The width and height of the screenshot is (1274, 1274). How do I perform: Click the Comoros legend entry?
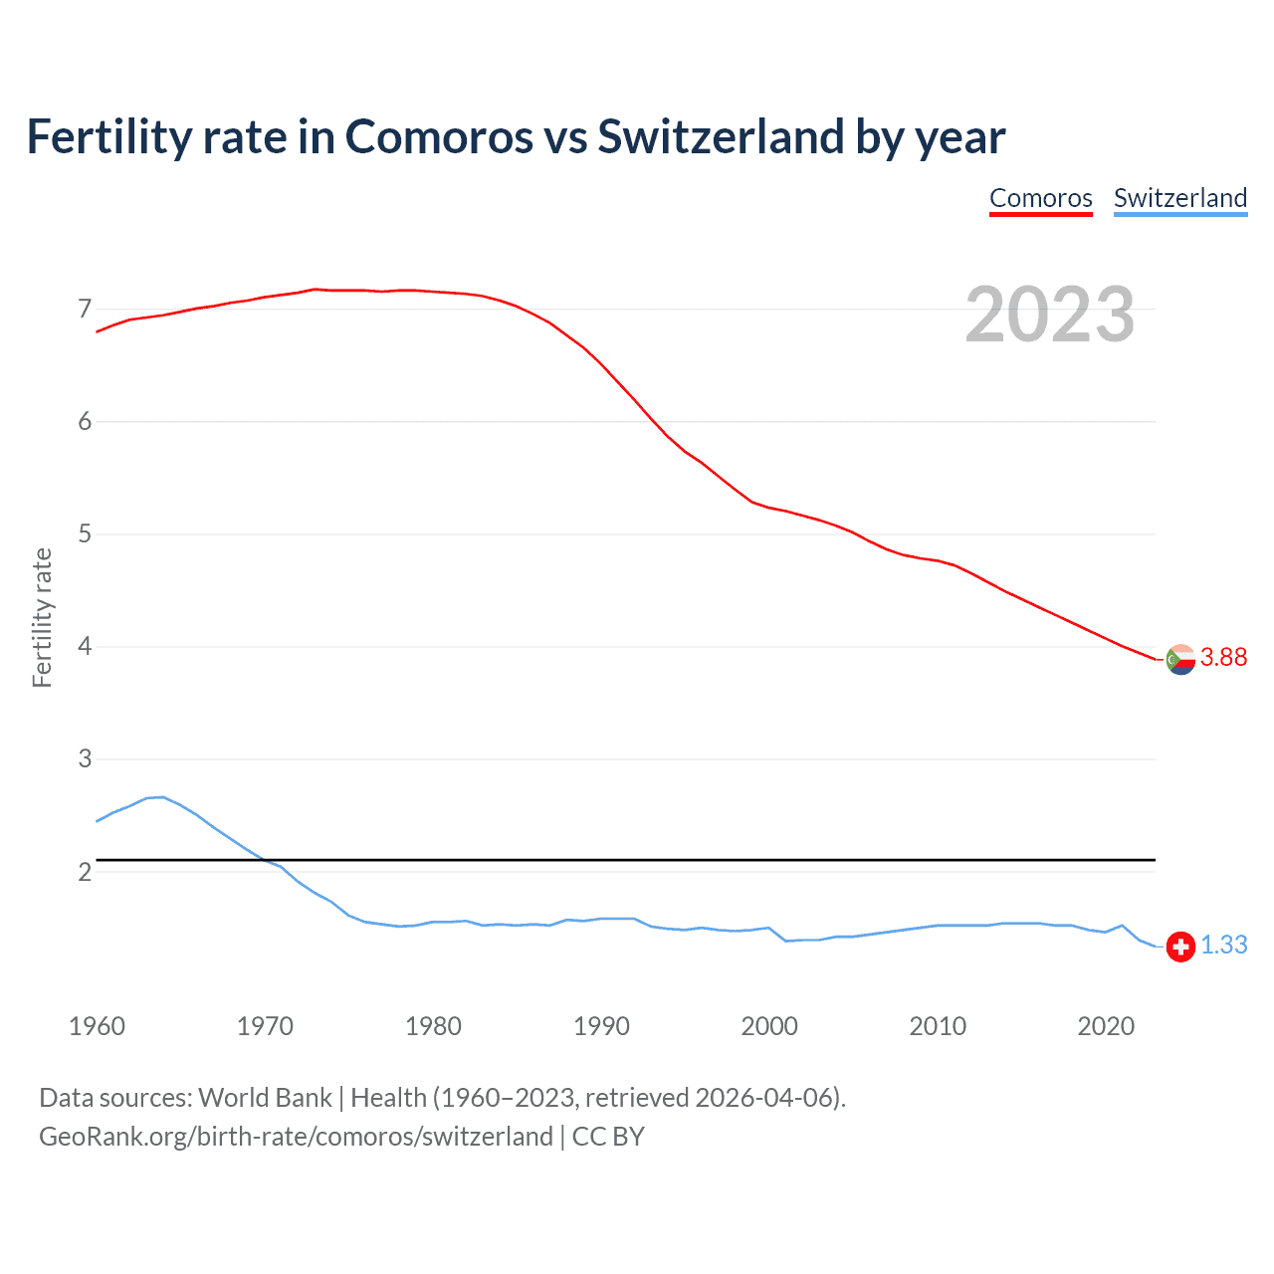[x=1040, y=198]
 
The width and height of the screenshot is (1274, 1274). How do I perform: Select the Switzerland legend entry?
[x=1179, y=198]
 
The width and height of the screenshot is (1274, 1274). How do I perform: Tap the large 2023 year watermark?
[x=1049, y=315]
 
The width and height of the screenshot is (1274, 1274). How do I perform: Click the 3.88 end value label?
[x=1223, y=657]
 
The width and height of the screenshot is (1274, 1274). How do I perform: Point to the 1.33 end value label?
[x=1223, y=945]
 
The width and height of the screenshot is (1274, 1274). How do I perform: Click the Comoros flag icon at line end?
[x=1180, y=659]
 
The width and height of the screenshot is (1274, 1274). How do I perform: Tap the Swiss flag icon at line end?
[x=1180, y=946]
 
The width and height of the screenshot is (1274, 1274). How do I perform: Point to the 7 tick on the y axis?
[x=85, y=309]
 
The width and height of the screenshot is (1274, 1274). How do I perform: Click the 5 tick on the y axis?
[x=85, y=533]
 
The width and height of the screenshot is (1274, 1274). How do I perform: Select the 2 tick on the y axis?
[x=85, y=872]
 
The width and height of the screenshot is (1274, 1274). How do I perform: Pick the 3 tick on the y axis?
[x=85, y=758]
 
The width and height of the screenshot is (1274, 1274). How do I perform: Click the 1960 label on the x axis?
[x=97, y=1026]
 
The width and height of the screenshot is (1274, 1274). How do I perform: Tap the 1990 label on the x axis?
[x=601, y=1026]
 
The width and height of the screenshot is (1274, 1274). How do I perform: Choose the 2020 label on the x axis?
[x=1106, y=1026]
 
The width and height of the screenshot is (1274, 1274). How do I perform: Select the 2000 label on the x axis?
[x=769, y=1026]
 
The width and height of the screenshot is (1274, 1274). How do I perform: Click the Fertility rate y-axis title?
[x=42, y=617]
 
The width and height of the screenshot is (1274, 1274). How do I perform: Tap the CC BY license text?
[x=608, y=1137]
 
